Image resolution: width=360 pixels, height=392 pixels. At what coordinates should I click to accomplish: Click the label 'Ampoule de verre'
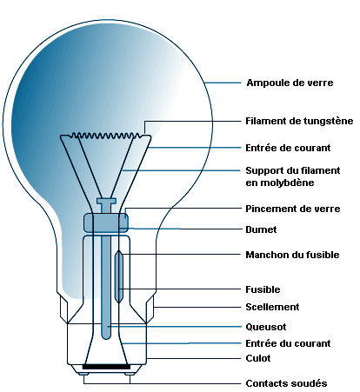point(290,83)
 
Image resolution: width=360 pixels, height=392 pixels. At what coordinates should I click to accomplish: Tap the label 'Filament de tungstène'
point(299,121)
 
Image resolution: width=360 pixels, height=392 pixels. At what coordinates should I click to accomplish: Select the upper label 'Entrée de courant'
point(288,148)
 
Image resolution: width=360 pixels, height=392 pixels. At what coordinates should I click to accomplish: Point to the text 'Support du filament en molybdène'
point(293,176)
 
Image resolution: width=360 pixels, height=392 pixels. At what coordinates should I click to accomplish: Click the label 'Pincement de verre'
point(293,209)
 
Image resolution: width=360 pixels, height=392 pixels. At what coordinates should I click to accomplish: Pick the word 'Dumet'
point(261,229)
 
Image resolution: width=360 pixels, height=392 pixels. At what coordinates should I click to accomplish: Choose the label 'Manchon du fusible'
point(292,255)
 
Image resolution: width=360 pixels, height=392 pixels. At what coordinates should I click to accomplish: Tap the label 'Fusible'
point(263,289)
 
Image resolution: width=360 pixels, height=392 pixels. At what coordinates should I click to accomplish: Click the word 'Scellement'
point(272,307)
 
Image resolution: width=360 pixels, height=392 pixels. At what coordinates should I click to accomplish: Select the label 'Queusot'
point(266,327)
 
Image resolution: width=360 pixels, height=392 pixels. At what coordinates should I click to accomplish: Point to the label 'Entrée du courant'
point(288,343)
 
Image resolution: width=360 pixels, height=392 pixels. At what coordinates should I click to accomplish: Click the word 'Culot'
point(258,358)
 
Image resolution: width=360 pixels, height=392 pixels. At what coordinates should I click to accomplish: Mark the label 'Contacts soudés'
point(286,383)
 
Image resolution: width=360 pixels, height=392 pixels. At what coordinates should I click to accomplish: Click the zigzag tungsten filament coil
point(106,136)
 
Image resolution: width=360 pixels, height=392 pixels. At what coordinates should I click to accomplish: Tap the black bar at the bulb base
point(106,367)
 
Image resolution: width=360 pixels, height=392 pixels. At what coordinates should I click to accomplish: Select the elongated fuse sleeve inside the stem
point(119,276)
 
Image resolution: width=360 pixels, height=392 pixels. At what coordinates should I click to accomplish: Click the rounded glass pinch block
point(106,223)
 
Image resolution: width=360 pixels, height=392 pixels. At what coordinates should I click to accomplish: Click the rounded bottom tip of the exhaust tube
point(106,337)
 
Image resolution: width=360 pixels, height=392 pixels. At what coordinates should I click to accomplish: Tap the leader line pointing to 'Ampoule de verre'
point(223,83)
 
